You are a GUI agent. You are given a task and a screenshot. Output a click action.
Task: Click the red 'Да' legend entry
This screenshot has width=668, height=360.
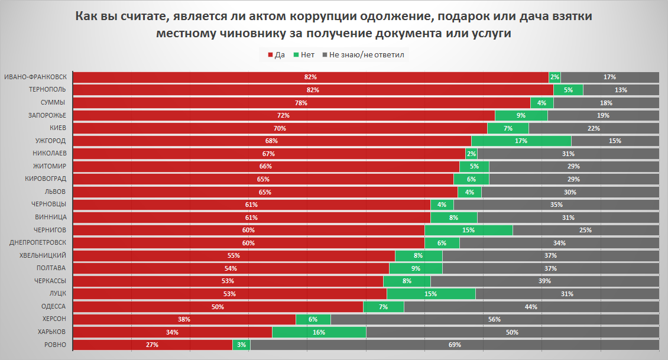pyautogui.click(x=276, y=55)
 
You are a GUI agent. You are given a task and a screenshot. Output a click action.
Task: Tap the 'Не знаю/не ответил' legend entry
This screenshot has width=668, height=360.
pyautogui.click(x=362, y=55)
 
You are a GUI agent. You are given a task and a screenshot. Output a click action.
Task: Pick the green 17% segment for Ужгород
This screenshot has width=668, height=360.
pyautogui.click(x=521, y=141)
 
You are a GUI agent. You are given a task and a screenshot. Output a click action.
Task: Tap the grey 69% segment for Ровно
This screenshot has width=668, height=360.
pyautogui.click(x=455, y=345)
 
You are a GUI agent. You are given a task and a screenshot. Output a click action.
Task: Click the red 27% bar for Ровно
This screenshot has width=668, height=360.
pyautogui.click(x=153, y=345)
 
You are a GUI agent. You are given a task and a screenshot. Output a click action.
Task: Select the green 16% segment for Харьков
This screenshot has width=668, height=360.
pyautogui.click(x=319, y=332)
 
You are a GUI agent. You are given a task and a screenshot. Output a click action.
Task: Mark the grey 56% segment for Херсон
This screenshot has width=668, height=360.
pyautogui.click(x=495, y=319)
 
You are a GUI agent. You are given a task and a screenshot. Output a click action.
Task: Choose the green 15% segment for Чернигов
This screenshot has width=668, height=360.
pyautogui.click(x=468, y=230)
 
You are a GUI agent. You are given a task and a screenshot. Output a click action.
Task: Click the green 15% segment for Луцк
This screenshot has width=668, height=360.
pyautogui.click(x=431, y=294)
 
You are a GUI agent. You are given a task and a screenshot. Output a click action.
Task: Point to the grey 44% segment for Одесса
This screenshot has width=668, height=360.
pyautogui.click(x=531, y=306)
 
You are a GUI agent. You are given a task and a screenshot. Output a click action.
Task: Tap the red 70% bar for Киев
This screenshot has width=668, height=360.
pyautogui.click(x=280, y=128)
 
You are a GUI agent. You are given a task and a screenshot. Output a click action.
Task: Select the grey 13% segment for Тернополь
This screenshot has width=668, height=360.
pyautogui.click(x=621, y=90)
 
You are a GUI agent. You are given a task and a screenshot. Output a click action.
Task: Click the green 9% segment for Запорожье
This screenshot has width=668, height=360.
pyautogui.click(x=521, y=115)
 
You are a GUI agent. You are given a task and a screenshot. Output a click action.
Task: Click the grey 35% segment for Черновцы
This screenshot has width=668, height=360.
pyautogui.click(x=556, y=205)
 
